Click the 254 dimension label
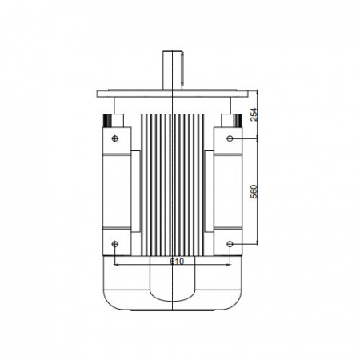(254, 114)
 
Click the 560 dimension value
(254, 191)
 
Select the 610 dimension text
(177, 262)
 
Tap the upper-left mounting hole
(115, 138)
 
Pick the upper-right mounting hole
(230, 138)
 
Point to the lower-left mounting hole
(115, 244)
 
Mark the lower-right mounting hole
(230, 244)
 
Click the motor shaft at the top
(172, 70)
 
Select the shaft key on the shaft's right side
(183, 70)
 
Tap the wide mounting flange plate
(173, 94)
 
